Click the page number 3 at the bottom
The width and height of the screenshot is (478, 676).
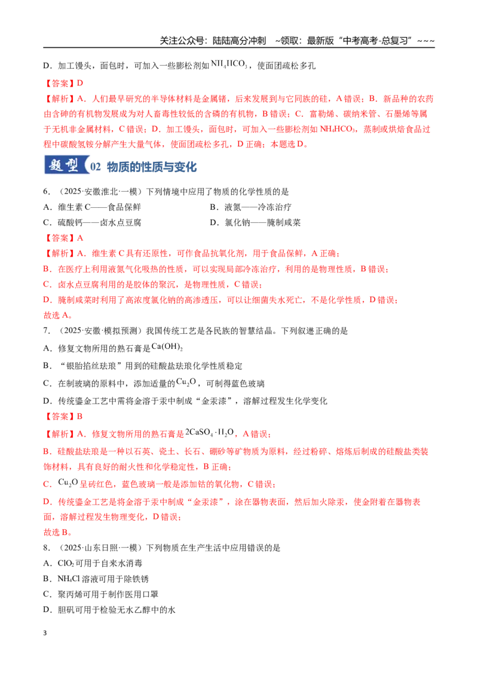pos(45,633)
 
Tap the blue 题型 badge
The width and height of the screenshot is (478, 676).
pos(65,165)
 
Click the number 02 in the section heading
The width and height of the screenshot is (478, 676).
pos(96,167)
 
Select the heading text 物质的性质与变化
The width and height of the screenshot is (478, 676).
pos(152,167)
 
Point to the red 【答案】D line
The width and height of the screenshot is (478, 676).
pos(63,83)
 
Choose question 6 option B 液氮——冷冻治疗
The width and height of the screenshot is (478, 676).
pos(250,207)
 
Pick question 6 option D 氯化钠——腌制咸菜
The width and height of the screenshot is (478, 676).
pos(255,223)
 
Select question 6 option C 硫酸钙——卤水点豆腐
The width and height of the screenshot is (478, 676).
pos(93,223)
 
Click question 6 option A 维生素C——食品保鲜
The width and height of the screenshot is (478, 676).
pos(93,207)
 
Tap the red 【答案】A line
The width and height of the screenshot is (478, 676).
pos(63,238)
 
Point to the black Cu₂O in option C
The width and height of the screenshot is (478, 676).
pos(186,382)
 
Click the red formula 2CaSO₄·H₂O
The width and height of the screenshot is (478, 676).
pos(210,432)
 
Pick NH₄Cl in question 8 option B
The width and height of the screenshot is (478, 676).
pos(69,579)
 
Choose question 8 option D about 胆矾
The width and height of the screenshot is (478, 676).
pos(109,610)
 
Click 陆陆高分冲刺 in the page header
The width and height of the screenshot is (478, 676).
pos(240,41)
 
